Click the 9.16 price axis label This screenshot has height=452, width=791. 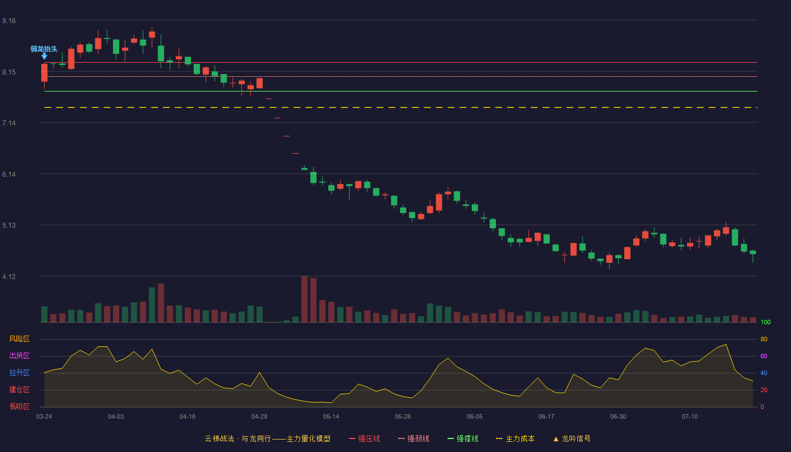click(9, 21)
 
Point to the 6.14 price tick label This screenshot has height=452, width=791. click(9, 175)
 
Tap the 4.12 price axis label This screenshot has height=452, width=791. click(9, 277)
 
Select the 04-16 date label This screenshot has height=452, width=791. click(188, 417)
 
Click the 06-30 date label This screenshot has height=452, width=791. click(618, 417)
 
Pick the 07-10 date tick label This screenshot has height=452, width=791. click(690, 417)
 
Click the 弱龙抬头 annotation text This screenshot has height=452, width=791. click(44, 49)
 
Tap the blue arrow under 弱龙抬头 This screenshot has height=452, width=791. click(44, 56)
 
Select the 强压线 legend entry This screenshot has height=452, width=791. click(364, 438)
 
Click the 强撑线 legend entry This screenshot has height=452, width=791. click(463, 438)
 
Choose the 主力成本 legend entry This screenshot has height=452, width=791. click(515, 438)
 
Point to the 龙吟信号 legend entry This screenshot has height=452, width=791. click(572, 438)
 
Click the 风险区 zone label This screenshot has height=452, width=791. click(19, 339)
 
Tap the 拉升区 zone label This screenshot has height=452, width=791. click(19, 372)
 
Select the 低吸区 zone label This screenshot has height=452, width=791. click(19, 406)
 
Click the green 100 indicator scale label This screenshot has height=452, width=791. click(766, 322)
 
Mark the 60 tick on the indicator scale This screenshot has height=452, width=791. click(764, 356)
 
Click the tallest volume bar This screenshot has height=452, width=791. click(305, 299)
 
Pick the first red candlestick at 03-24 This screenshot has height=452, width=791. click(44, 73)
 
